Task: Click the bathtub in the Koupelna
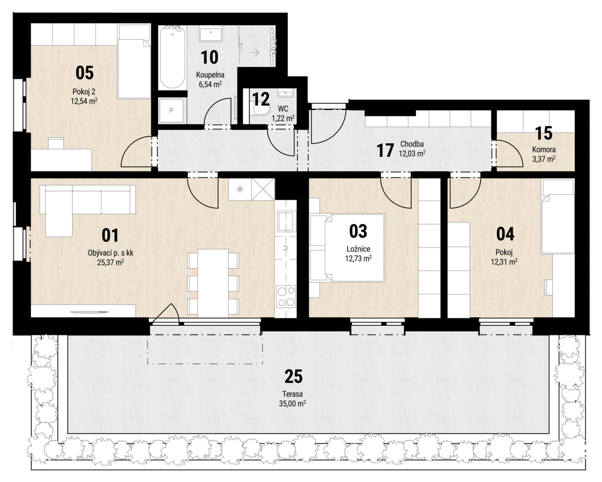tap(172, 57)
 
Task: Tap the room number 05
tap(84, 73)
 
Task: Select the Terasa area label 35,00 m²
tap(292, 404)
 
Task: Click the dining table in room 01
tap(213, 283)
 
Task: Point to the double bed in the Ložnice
tap(347, 248)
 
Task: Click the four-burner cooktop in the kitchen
tap(285, 296)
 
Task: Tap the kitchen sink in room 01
tap(286, 221)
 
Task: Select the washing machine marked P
tap(171, 111)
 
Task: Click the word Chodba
tap(412, 144)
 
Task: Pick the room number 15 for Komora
tap(543, 133)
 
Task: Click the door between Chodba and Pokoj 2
tap(136, 152)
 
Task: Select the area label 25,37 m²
tap(111, 263)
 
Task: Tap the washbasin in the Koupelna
tap(211, 34)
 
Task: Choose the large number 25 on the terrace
tap(293, 376)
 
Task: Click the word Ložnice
tap(358, 249)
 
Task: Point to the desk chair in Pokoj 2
tap(56, 143)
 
